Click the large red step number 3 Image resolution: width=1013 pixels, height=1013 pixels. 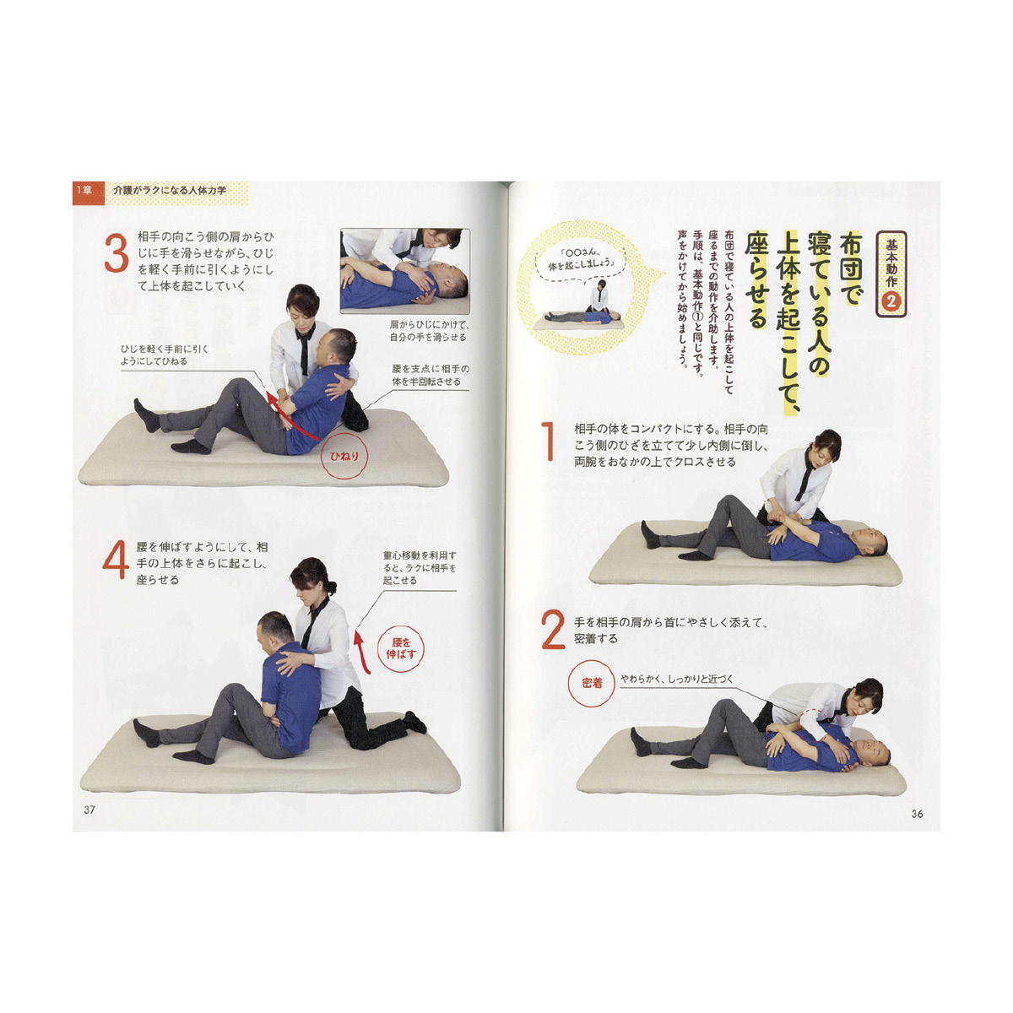[x=116, y=253]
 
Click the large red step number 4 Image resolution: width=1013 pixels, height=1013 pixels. [x=115, y=560]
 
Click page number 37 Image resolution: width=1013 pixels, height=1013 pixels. [x=89, y=810]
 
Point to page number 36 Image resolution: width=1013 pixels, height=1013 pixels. [x=917, y=814]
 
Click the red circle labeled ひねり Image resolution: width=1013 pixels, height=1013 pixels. [x=344, y=457]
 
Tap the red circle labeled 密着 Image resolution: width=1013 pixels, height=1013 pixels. [x=592, y=683]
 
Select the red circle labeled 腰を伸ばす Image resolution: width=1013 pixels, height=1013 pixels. [x=401, y=648]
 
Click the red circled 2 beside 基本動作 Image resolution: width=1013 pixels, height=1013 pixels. [x=891, y=301]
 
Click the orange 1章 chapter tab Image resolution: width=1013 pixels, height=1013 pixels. [x=88, y=190]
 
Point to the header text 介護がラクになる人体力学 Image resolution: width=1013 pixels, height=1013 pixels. [x=170, y=190]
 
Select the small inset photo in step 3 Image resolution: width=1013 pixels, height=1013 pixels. [x=405, y=271]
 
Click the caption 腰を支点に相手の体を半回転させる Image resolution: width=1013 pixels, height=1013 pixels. [x=431, y=375]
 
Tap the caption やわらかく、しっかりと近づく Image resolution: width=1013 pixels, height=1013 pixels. [x=676, y=680]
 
